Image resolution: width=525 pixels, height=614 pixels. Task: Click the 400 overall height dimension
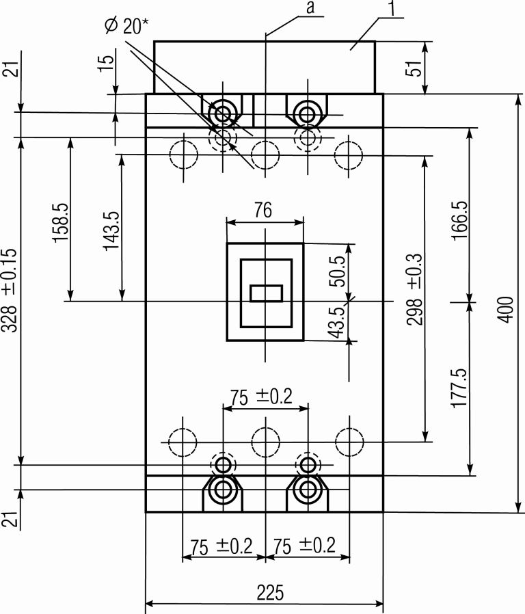pyautogui.click(x=506, y=310)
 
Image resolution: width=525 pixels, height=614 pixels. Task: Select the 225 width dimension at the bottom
pyautogui.click(x=270, y=592)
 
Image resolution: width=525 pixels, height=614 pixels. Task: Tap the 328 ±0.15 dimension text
pyautogui.click(x=10, y=290)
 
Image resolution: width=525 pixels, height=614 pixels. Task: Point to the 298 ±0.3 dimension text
pyautogui.click(x=415, y=289)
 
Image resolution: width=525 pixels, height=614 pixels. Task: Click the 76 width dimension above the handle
pyautogui.click(x=263, y=210)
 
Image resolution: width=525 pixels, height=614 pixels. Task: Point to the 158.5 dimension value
pyautogui.click(x=62, y=222)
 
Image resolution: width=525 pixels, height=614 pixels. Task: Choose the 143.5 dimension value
pyautogui.click(x=111, y=230)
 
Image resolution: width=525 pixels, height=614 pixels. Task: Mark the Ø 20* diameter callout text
pyautogui.click(x=127, y=26)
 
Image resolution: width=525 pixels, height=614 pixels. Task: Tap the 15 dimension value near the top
pyautogui.click(x=107, y=63)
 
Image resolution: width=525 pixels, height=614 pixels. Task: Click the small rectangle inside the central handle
pyautogui.click(x=266, y=293)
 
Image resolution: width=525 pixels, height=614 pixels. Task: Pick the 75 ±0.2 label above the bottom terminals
pyautogui.click(x=260, y=397)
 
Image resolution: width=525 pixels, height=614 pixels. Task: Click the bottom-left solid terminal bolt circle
pyautogui.click(x=223, y=489)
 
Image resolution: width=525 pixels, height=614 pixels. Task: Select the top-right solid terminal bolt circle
pyautogui.click(x=308, y=114)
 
